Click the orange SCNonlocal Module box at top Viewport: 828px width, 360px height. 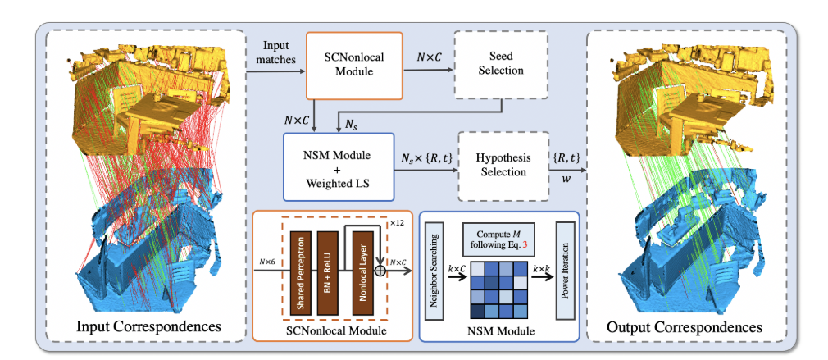click(353, 65)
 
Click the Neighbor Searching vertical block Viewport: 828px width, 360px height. click(436, 267)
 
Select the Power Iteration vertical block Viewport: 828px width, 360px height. click(562, 268)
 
